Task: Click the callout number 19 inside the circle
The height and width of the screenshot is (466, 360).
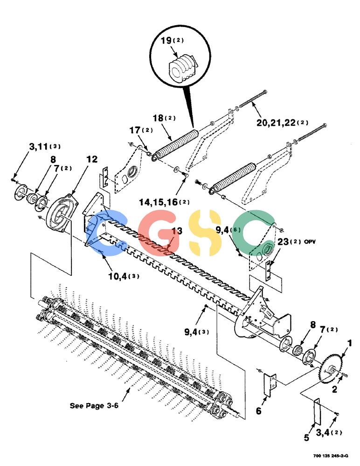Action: (x=166, y=40)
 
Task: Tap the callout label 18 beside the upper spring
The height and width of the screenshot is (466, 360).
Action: (x=158, y=118)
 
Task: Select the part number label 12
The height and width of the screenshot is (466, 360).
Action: (x=92, y=159)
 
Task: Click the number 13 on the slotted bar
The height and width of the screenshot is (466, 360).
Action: (x=177, y=231)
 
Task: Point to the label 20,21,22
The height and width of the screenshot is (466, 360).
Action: (x=276, y=123)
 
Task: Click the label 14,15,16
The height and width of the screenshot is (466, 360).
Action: (x=158, y=202)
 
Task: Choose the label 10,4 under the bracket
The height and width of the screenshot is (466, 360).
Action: (x=118, y=276)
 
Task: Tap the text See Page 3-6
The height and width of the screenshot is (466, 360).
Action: (x=94, y=406)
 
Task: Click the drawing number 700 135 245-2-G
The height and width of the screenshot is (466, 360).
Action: (x=331, y=456)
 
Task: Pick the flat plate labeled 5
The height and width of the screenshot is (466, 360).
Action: (x=317, y=411)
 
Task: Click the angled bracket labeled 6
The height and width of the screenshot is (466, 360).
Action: (x=270, y=385)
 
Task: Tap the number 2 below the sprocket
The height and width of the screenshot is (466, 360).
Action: (x=335, y=389)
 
